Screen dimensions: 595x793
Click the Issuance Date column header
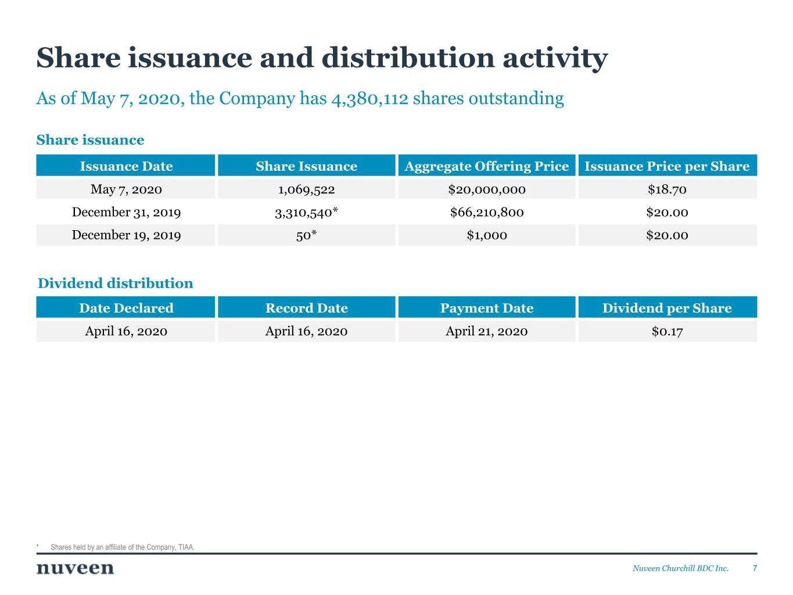click(126, 166)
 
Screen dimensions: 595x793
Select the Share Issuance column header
click(306, 166)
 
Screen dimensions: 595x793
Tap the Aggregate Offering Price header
click(486, 166)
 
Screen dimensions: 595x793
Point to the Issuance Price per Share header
click(667, 166)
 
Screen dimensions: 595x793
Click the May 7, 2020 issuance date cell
click(126, 189)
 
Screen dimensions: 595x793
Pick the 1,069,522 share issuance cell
click(306, 189)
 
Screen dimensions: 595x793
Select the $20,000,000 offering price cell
click(486, 189)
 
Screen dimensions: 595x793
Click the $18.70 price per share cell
click(667, 189)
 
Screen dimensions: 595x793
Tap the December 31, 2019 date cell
click(126, 212)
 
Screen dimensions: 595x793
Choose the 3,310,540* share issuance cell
click(306, 212)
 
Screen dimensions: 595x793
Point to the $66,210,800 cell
click(486, 212)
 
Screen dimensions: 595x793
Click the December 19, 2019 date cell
click(126, 235)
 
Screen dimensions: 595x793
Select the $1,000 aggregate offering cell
click(486, 235)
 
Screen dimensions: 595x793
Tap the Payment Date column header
click(486, 308)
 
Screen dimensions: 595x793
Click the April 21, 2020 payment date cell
click(486, 331)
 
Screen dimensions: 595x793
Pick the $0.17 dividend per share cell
click(667, 331)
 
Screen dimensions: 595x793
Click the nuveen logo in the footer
click(75, 568)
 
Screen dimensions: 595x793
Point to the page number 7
click(755, 568)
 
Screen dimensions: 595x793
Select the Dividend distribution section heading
click(115, 284)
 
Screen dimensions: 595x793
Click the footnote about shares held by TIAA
click(122, 547)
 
